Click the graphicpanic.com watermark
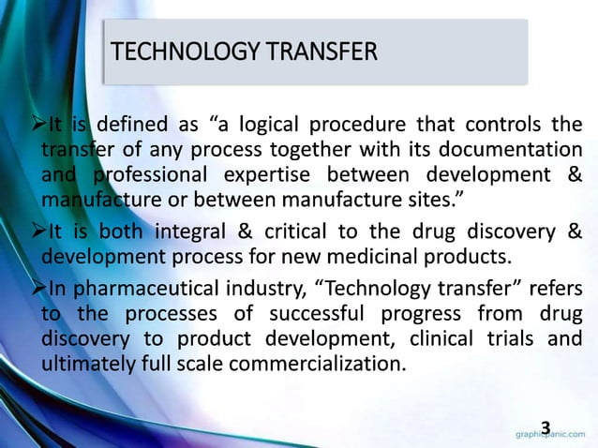(553, 435)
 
